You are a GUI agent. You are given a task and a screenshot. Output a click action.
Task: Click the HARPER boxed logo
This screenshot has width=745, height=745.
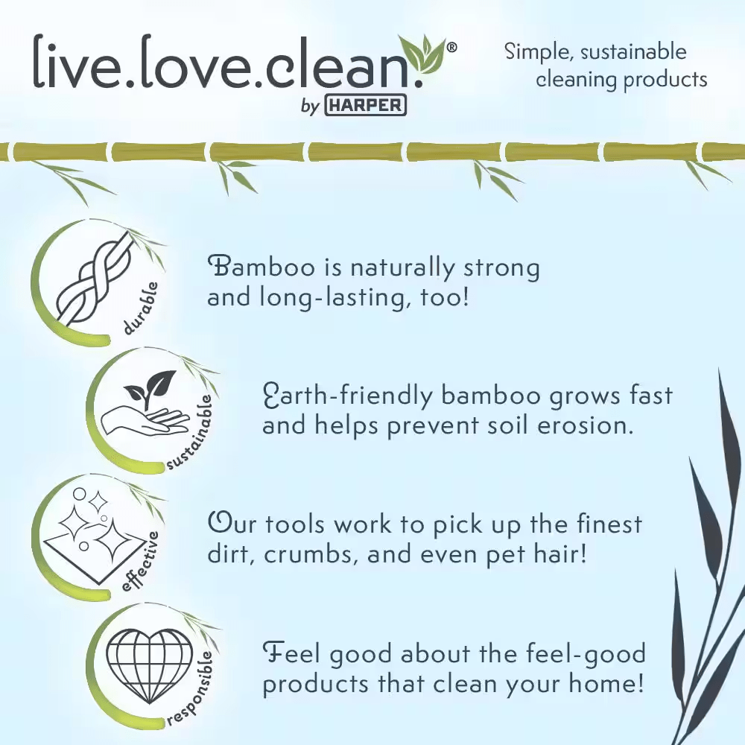pyautogui.click(x=365, y=105)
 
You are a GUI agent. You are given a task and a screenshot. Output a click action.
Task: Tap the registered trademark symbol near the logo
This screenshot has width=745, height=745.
pyautogui.click(x=452, y=47)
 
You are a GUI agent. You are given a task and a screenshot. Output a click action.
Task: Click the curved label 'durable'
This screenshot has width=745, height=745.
pyautogui.click(x=140, y=308)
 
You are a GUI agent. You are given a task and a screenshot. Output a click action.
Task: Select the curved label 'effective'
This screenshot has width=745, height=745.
pyautogui.click(x=140, y=562)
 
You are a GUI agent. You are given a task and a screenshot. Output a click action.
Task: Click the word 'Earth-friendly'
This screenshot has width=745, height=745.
pyautogui.click(x=347, y=396)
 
